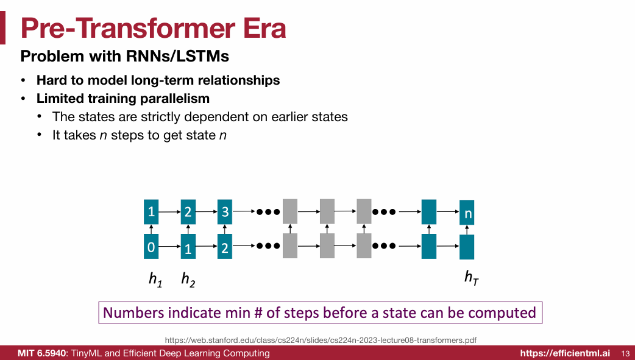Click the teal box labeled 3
tap(225, 212)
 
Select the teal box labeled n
tap(467, 213)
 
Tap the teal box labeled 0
tap(151, 247)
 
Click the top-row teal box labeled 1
tap(151, 212)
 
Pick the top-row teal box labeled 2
tap(188, 212)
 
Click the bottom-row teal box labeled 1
tap(188, 247)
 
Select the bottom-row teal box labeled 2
tap(225, 247)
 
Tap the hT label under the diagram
tap(471, 278)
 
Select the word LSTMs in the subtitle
tap(205, 57)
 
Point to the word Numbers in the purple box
tap(133, 312)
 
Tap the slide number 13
tap(625, 353)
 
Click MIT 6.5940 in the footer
tap(42, 353)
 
